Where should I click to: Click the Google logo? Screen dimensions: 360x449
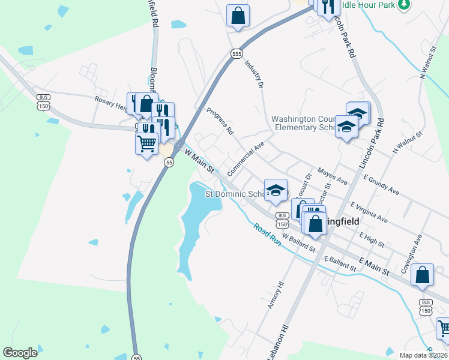tap(20, 353)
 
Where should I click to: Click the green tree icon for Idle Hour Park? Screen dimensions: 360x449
tap(405, 4)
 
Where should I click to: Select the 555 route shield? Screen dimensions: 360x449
tap(237, 53)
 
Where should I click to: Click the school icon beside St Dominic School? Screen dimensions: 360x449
tap(276, 190)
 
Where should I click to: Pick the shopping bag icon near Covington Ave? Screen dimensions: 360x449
tap(423, 275)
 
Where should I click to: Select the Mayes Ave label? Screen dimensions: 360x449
tap(333, 176)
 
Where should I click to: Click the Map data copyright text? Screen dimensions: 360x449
tap(423, 355)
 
